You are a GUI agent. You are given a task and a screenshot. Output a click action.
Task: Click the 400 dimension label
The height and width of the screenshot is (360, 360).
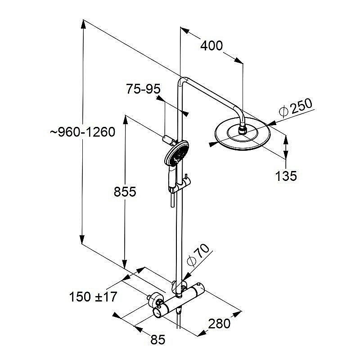[x=211, y=46]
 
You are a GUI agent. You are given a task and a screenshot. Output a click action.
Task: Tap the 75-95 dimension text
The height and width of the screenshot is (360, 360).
[x=143, y=89]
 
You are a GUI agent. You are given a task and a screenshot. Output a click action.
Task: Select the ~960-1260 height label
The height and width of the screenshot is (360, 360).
[x=82, y=132]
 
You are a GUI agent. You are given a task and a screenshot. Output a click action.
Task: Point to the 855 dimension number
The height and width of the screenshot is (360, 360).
[x=125, y=192]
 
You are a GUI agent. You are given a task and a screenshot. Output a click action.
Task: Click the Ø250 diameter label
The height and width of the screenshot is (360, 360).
[x=296, y=108]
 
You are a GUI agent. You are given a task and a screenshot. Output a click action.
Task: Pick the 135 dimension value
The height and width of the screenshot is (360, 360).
[x=286, y=176]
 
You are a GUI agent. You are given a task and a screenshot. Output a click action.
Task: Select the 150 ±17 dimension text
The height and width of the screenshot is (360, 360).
[x=93, y=297]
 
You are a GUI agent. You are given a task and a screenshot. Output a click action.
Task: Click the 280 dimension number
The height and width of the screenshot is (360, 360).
[x=219, y=324]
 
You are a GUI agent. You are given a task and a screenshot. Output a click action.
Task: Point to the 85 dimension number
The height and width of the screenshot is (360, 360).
[x=158, y=340]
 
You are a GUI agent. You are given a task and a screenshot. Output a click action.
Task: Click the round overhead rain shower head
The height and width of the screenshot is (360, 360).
[x=243, y=134]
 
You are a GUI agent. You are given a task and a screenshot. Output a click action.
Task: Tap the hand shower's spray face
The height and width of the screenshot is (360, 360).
[x=176, y=153]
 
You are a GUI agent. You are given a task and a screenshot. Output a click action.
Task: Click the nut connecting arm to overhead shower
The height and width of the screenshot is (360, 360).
[x=242, y=130]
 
